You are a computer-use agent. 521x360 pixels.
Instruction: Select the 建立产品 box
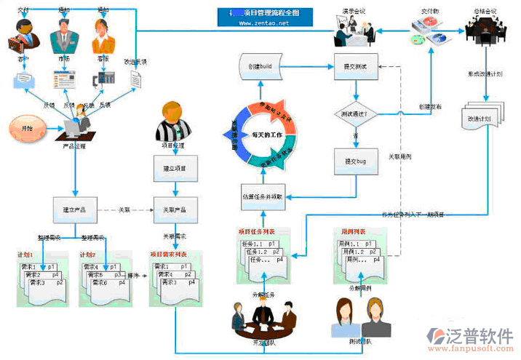[76, 209]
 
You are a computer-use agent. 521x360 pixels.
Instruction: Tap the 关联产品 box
[174, 209]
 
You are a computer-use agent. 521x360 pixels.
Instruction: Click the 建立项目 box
[174, 168]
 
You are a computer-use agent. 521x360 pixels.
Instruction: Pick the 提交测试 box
[355, 66]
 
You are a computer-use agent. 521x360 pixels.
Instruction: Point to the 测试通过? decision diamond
[355, 114]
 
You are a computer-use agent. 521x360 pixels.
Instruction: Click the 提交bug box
[355, 160]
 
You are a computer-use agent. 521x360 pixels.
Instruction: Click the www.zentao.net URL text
[263, 23]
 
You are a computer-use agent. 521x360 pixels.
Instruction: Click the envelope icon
[24, 81]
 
